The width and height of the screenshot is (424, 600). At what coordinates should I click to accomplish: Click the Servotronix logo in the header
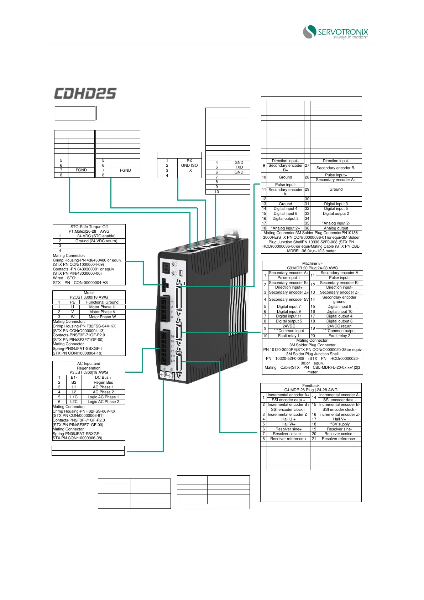(x=335, y=32)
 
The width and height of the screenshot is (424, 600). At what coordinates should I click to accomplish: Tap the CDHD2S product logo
(x=85, y=94)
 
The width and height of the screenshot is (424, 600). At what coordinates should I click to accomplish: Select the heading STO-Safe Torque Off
(x=89, y=227)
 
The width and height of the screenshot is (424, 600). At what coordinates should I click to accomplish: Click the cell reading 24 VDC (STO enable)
(x=96, y=236)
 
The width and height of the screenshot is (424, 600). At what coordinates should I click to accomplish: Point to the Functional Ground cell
(x=102, y=302)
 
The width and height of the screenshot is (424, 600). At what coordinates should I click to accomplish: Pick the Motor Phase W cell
(x=102, y=317)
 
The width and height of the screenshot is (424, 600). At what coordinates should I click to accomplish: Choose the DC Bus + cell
(x=103, y=377)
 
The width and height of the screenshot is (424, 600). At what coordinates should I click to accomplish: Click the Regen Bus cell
(x=103, y=382)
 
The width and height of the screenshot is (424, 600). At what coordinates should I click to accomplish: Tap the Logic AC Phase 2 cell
(x=103, y=402)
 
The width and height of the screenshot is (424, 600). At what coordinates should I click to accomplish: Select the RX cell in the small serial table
(x=189, y=161)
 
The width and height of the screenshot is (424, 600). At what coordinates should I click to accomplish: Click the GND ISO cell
(x=189, y=165)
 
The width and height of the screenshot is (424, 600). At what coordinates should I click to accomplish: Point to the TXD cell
(x=239, y=167)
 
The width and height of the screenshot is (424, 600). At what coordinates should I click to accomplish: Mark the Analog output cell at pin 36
(x=336, y=228)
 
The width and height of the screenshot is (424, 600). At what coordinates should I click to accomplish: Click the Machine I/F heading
(x=312, y=264)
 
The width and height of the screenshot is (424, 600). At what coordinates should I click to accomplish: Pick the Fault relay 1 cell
(x=289, y=336)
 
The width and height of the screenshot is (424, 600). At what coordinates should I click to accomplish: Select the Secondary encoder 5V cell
(x=289, y=299)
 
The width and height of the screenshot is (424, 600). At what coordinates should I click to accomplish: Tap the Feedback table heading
(x=311, y=386)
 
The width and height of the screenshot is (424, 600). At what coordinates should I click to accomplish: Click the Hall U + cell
(x=288, y=419)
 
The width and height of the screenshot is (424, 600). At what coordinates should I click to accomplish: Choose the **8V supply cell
(x=339, y=424)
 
